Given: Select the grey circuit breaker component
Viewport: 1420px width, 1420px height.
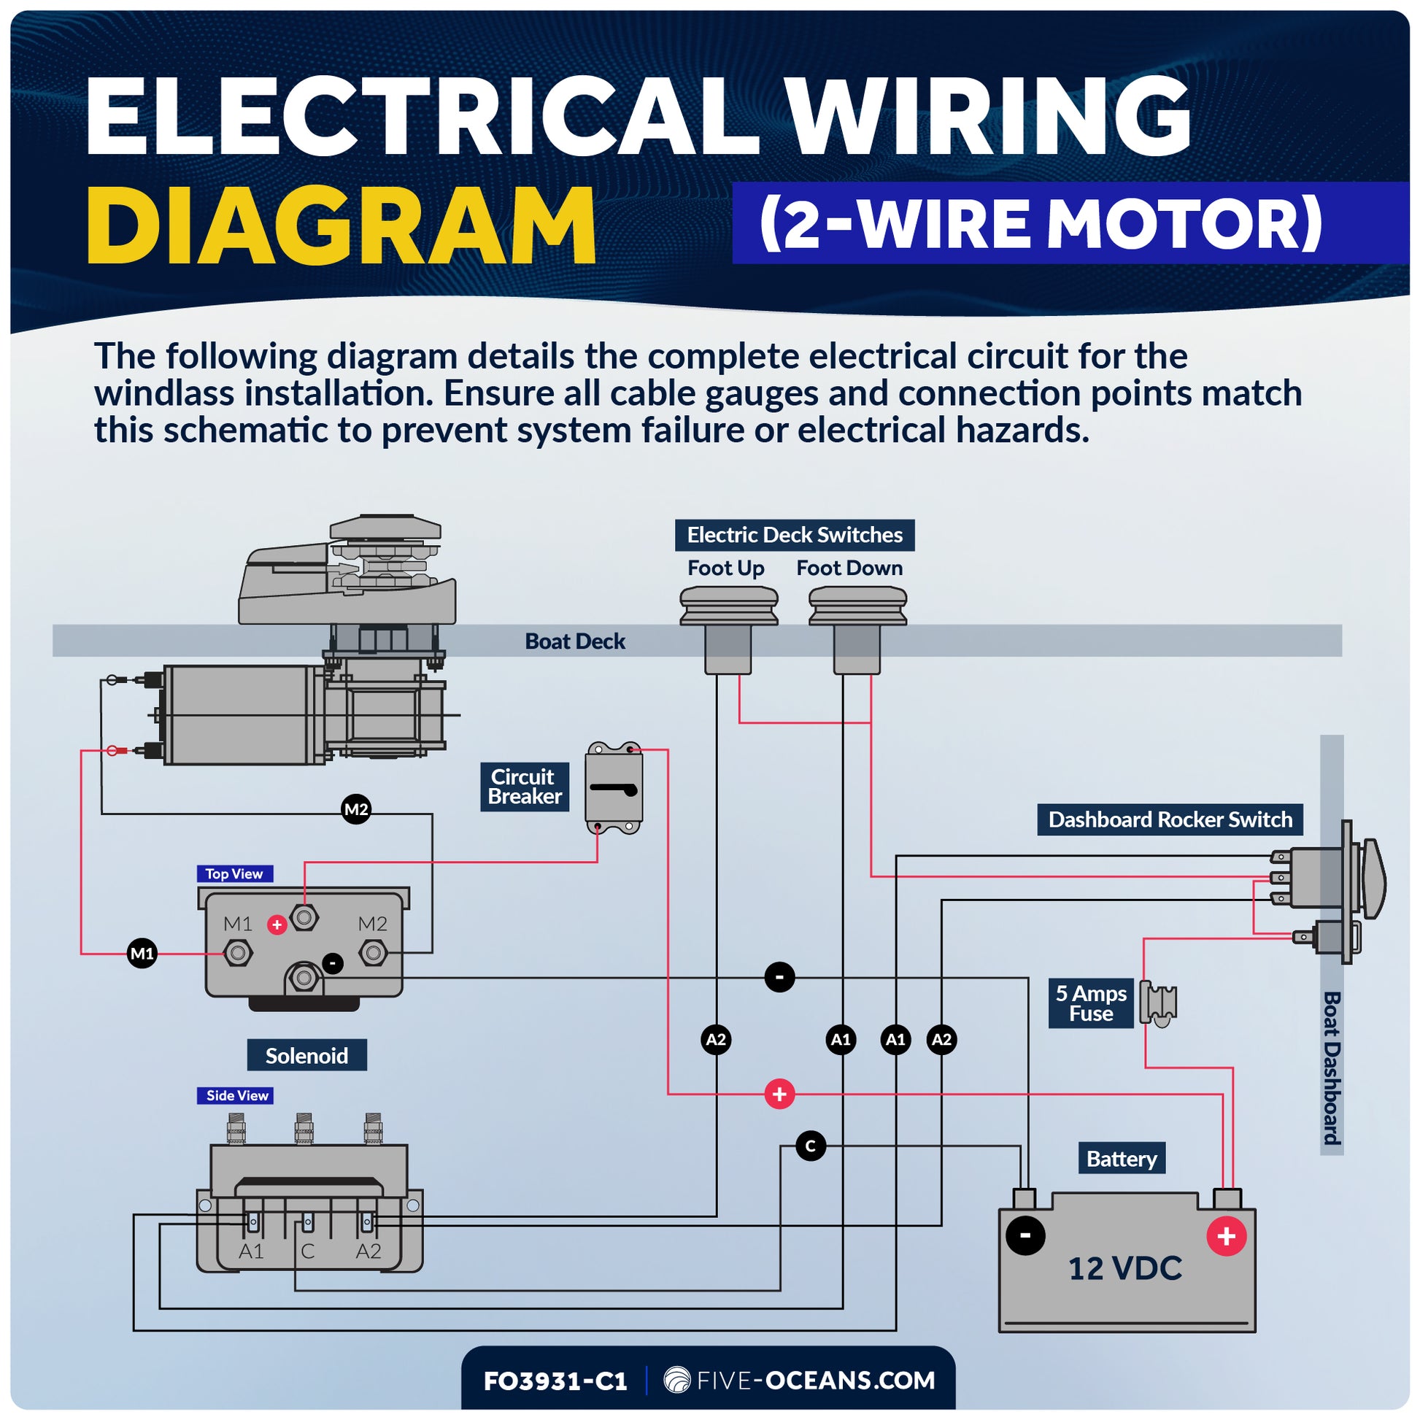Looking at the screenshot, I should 614,789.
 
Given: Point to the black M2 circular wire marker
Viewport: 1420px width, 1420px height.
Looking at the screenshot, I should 357,809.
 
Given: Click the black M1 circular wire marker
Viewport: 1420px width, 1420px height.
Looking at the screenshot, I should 142,953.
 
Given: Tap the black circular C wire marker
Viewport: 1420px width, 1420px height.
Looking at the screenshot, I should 810,1146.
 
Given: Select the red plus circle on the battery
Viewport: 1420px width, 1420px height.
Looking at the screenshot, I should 1226,1236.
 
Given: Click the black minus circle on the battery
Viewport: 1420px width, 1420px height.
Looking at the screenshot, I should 1025,1235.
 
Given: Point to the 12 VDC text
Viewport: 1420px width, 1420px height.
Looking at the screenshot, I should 1124,1269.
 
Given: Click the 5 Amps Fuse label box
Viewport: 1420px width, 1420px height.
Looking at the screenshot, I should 1091,1003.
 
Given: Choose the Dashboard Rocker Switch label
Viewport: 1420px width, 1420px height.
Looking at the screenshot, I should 1170,819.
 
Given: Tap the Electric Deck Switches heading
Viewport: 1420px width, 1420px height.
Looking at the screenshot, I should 795,535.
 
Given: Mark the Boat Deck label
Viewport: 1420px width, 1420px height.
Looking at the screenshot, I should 575,641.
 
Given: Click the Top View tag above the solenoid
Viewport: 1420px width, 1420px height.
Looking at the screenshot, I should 234,873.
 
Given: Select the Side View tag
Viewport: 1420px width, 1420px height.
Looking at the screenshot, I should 236,1095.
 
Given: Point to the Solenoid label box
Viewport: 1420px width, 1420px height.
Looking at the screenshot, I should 306,1055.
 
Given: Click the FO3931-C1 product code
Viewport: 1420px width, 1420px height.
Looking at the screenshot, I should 555,1381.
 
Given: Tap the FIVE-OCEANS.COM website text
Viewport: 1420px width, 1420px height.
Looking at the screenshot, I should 814,1381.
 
